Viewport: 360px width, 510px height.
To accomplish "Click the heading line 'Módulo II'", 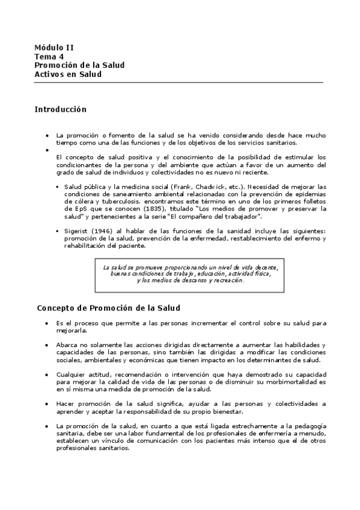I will pyautogui.click(x=54, y=47).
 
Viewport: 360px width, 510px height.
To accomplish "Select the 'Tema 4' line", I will pyautogui.click(x=49, y=56).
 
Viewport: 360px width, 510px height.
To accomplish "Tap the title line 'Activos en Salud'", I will pyautogui.click(x=68, y=74).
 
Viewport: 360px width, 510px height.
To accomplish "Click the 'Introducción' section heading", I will pyautogui.click(x=61, y=109).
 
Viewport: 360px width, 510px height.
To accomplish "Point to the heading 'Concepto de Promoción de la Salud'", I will pyautogui.click(x=109, y=308).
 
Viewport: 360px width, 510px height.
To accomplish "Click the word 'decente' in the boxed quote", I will pyautogui.click(x=263, y=266).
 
